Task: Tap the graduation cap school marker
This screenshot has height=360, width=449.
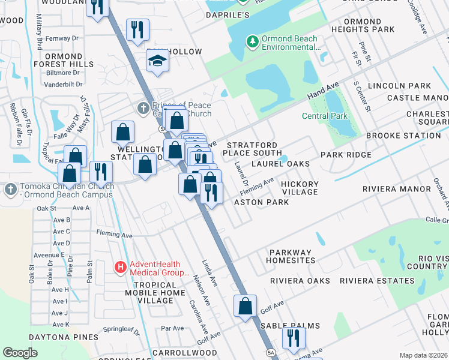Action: click(x=157, y=61)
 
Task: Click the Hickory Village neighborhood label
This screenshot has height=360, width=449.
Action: click(x=300, y=188)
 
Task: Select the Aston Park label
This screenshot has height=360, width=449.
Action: click(x=261, y=202)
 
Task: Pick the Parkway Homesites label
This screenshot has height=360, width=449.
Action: click(x=292, y=256)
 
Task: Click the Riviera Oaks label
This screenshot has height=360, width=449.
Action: click(x=300, y=281)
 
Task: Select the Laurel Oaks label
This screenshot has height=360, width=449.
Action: click(x=280, y=163)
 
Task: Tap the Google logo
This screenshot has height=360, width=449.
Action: click(x=20, y=353)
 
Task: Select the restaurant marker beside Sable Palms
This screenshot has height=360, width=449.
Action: click(x=293, y=338)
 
